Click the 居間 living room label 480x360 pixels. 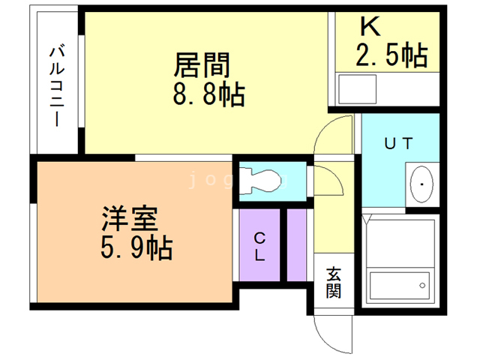pyautogui.click(x=201, y=66)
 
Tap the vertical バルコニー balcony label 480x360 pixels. pyautogui.click(x=56, y=85)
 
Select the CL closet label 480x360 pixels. pyautogui.click(x=259, y=247)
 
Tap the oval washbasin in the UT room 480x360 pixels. pyautogui.click(x=421, y=184)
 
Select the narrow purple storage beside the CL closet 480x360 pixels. pyautogui.click(x=298, y=245)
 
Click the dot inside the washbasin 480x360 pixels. pyautogui.click(x=422, y=184)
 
